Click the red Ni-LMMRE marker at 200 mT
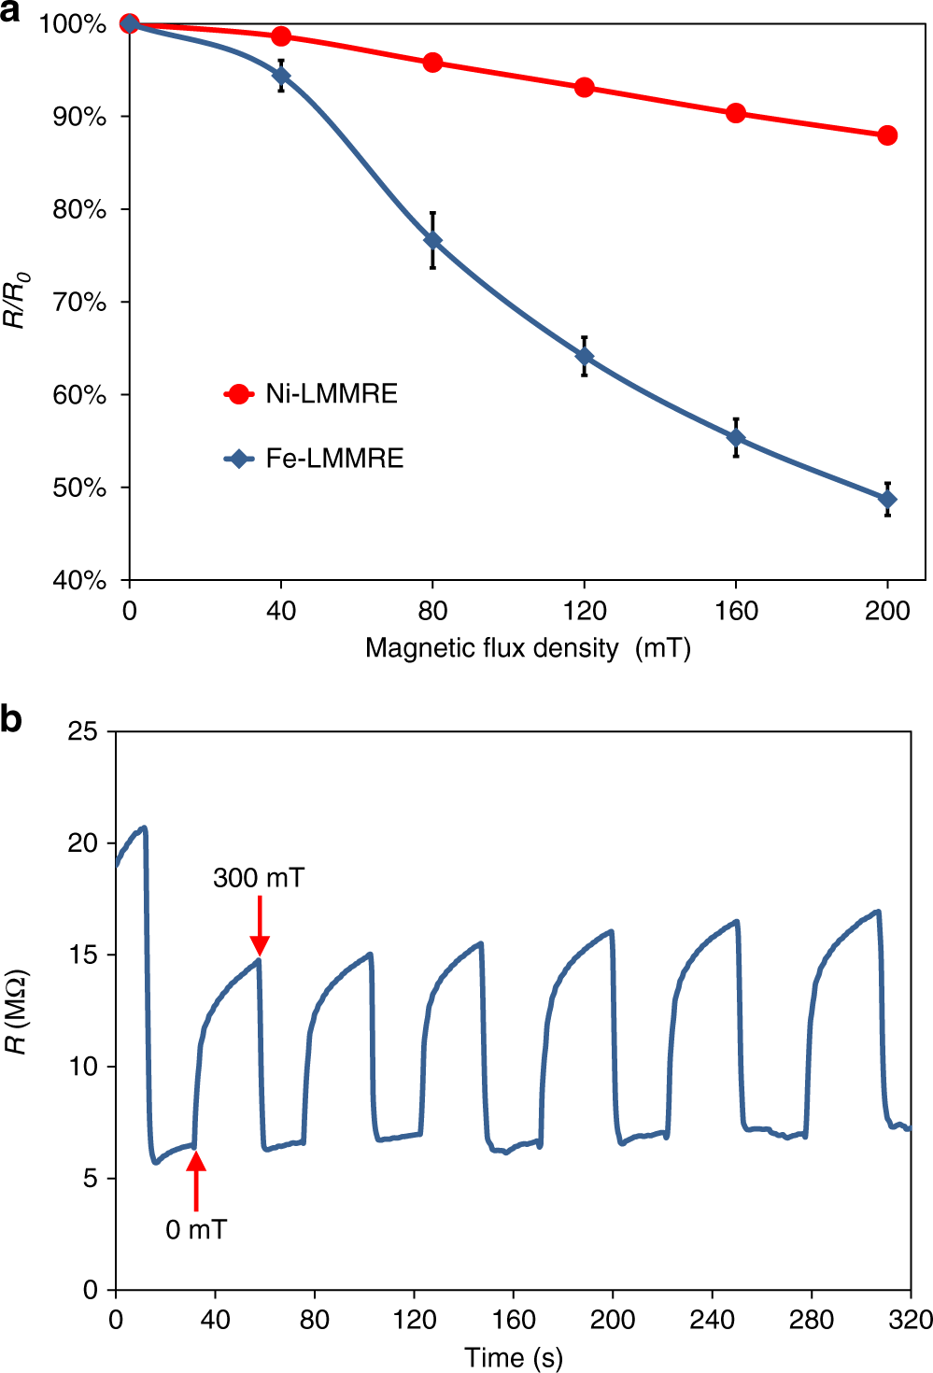(887, 135)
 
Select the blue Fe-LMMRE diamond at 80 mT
(432, 240)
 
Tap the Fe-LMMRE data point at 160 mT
(736, 437)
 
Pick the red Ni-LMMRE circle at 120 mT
(585, 88)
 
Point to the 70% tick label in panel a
(79, 303)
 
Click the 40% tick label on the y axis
(79, 581)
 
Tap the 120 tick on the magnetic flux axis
(585, 611)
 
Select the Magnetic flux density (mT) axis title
(528, 648)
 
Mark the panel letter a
(10, 12)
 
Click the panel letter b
(11, 719)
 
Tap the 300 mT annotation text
(259, 878)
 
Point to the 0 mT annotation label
(196, 1230)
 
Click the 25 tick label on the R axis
(83, 731)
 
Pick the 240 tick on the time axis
(712, 1320)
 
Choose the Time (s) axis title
(514, 1357)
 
